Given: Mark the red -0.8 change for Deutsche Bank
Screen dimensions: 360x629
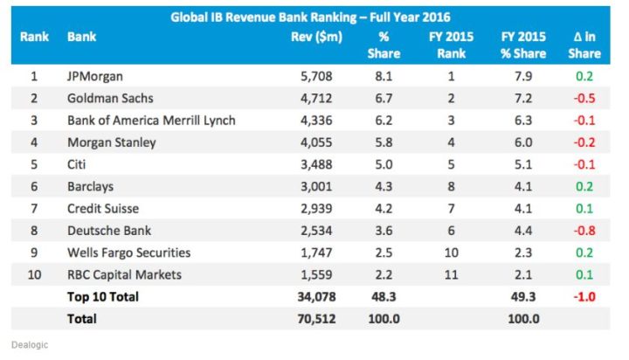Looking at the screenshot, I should point(584,230).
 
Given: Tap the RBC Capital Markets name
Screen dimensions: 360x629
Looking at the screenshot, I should point(125,274).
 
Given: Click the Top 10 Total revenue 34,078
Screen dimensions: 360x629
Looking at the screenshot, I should point(315,297).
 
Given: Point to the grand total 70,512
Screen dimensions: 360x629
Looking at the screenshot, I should point(315,319).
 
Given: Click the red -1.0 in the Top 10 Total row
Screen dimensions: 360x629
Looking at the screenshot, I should point(584,297).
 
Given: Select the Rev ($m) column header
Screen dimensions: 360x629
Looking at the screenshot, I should point(316,38).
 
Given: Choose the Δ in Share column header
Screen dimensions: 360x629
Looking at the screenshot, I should point(584,45).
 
